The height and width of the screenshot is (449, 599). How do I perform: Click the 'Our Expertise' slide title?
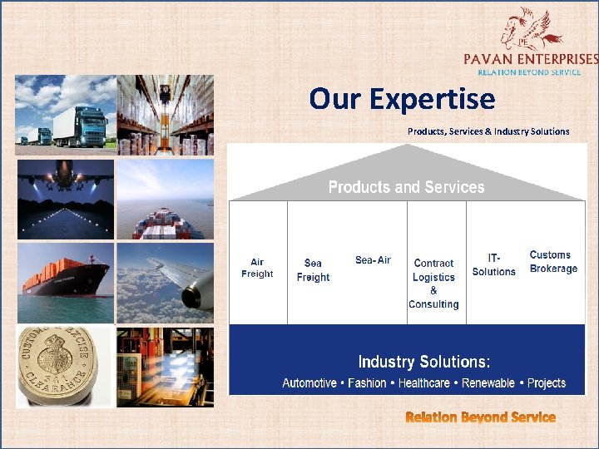(402, 99)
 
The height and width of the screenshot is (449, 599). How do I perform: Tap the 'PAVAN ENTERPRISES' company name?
(531, 59)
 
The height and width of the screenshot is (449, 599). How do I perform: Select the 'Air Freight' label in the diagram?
(257, 268)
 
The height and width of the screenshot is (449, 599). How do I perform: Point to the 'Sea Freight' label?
(313, 270)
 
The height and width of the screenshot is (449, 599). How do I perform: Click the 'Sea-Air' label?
(373, 260)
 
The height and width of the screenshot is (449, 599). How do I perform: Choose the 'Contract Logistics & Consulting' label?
(433, 284)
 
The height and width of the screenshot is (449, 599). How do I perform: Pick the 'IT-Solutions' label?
(493, 265)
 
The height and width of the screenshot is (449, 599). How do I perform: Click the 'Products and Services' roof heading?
(406, 187)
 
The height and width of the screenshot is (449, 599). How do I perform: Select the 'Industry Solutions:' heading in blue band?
(423, 362)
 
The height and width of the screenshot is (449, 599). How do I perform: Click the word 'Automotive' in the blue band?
(309, 383)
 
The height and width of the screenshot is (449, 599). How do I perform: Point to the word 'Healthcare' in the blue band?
(423, 383)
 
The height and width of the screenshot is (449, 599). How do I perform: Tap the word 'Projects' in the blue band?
(546, 383)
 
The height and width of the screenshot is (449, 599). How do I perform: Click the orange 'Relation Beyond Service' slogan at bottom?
(480, 417)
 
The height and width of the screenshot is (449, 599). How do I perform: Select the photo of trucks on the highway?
(65, 114)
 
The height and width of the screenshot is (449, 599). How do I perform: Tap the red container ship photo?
(65, 283)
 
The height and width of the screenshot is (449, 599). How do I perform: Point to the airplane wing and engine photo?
(165, 283)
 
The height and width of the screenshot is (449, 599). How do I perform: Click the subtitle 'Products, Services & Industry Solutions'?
(488, 131)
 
